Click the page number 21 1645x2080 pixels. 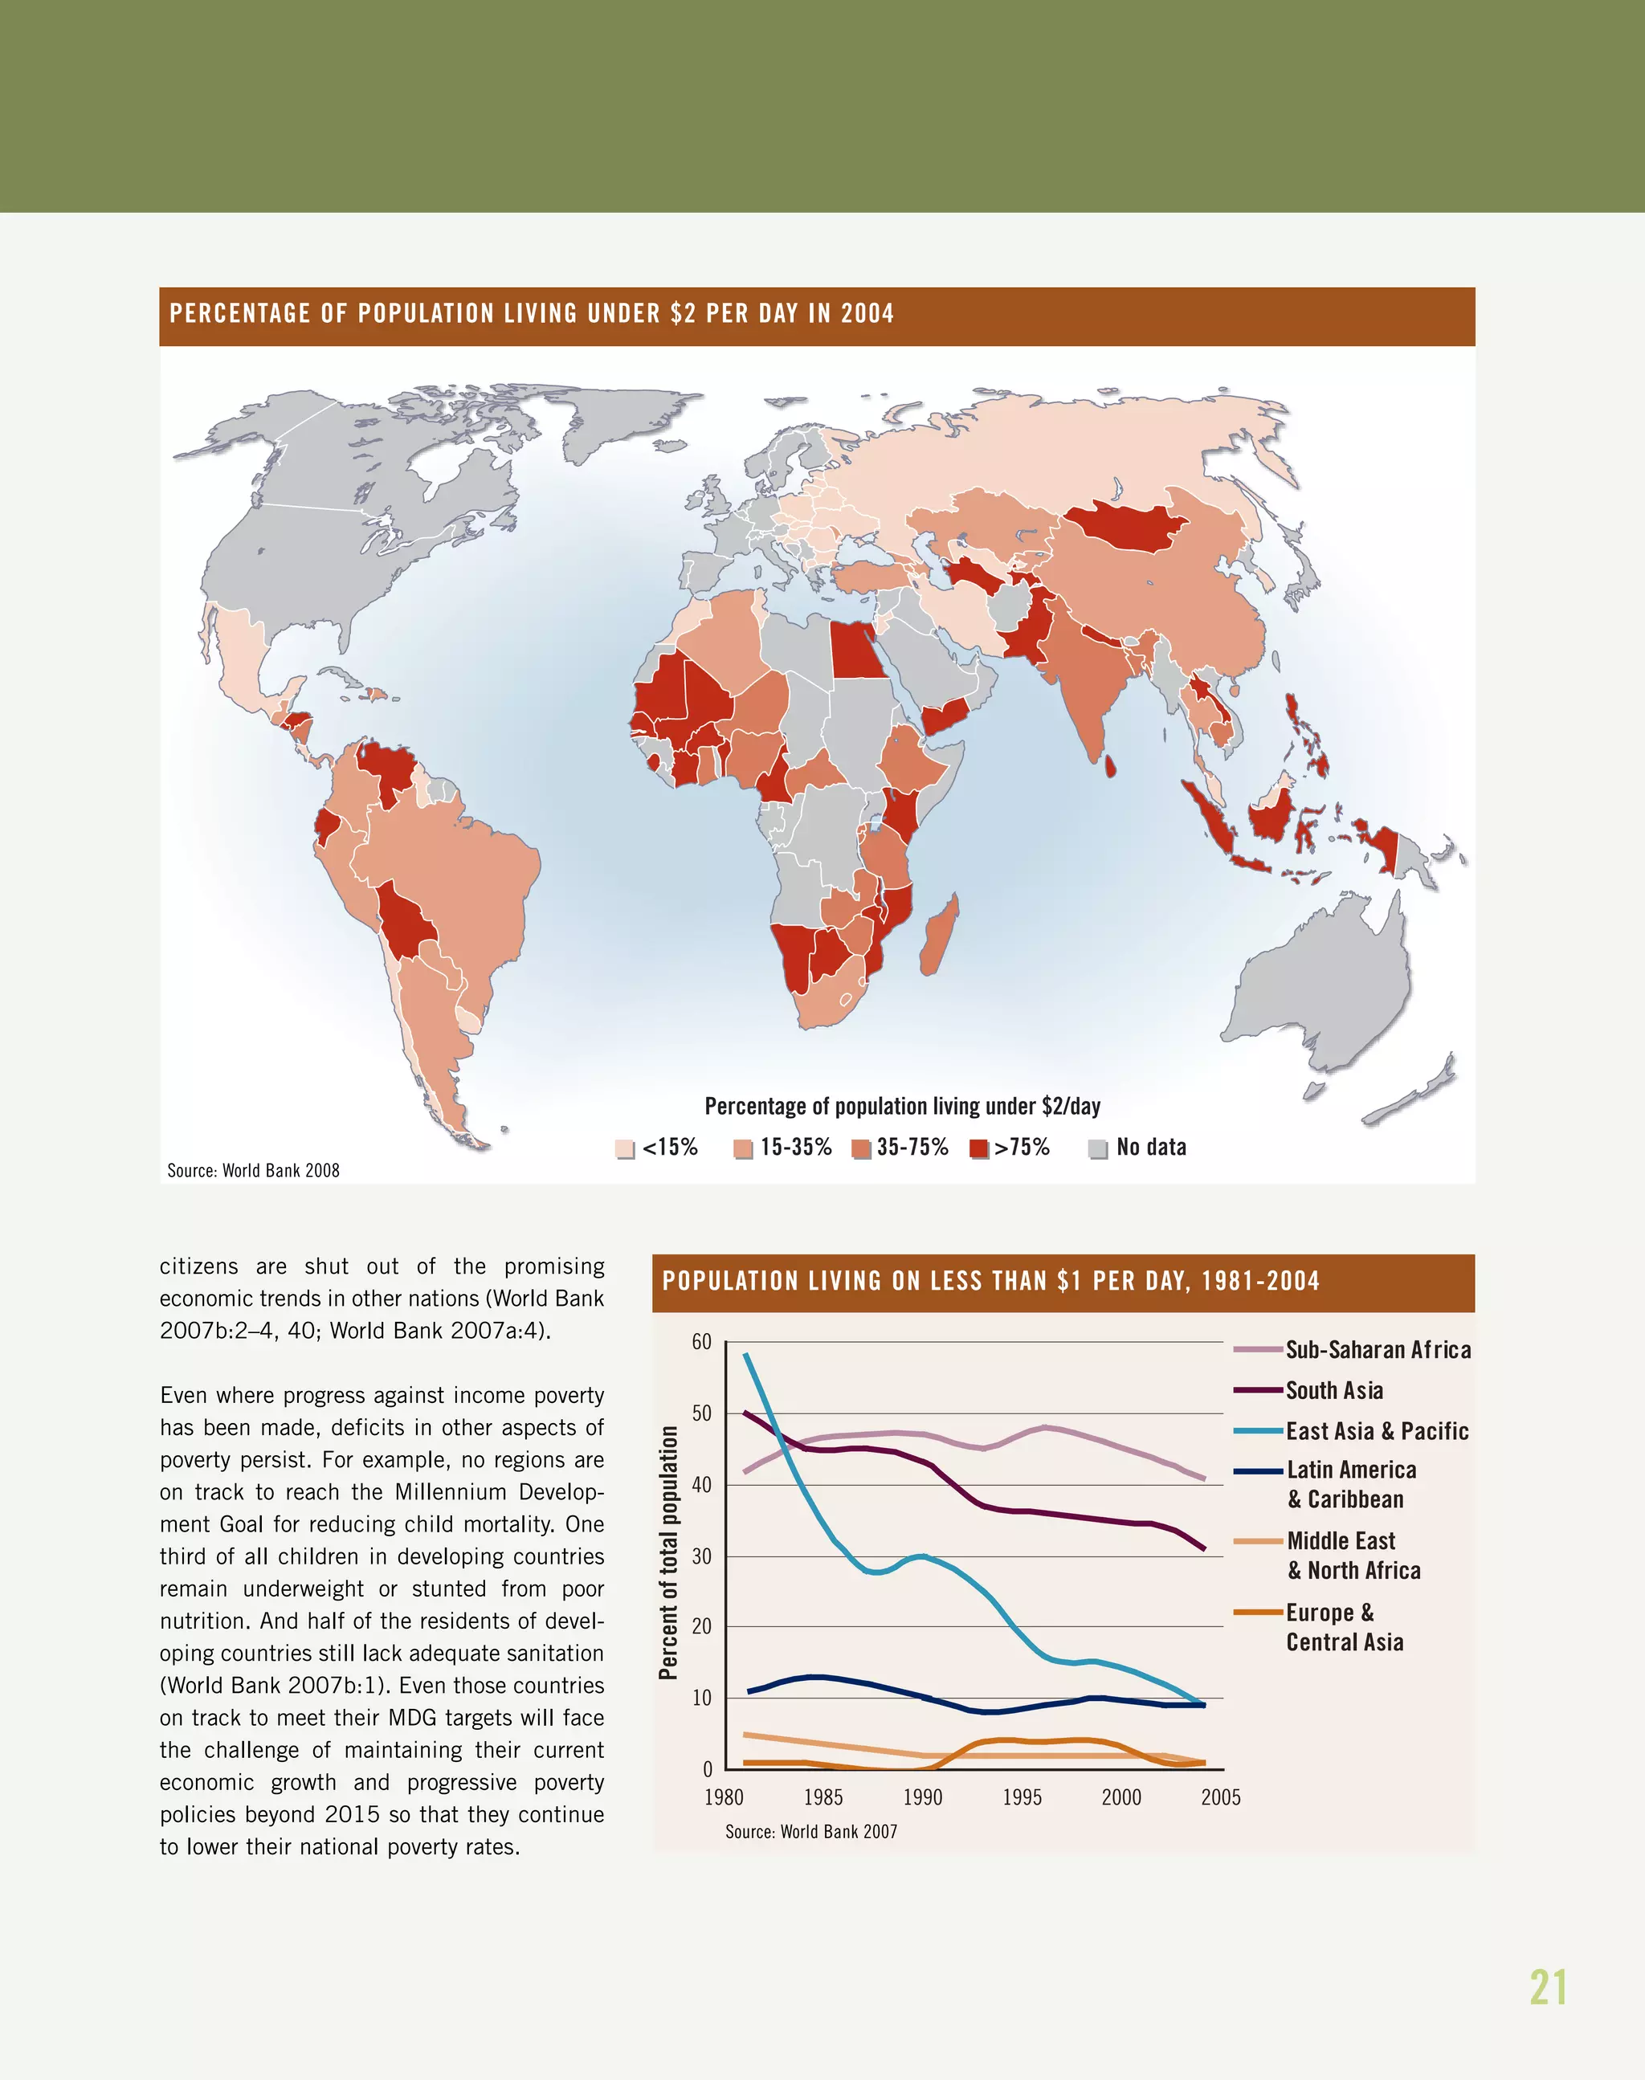pos(1548,1987)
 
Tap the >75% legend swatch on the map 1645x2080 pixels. pos(978,1148)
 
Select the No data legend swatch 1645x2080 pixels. pos(1097,1148)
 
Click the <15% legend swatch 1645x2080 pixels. pos(624,1148)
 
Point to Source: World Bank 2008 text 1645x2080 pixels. pos(253,1170)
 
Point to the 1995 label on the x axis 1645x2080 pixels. pos(1021,1797)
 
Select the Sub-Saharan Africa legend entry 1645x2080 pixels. pos(1378,1350)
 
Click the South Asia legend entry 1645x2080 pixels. pos(1334,1390)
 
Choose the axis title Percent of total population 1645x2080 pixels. pos(668,1552)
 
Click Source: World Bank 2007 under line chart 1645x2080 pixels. pos(811,1832)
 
